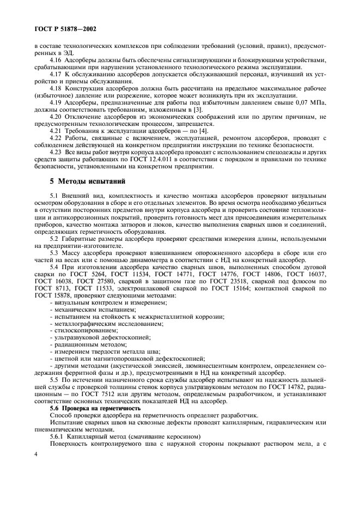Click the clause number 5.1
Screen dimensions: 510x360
click(x=54, y=195)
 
